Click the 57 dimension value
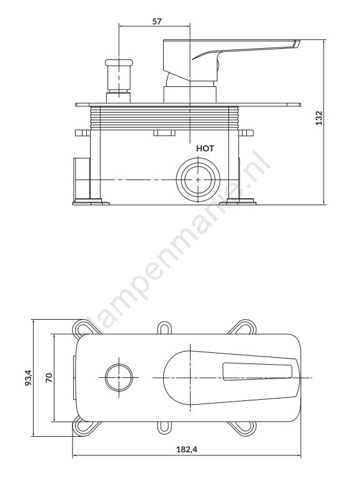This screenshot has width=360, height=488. [157, 21]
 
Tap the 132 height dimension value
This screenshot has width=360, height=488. [319, 118]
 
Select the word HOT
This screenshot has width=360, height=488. [205, 148]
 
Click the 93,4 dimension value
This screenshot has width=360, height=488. [28, 377]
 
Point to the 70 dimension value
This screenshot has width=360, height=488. [49, 377]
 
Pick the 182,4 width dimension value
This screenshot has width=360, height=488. [187, 449]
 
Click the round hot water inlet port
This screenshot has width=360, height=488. [198, 180]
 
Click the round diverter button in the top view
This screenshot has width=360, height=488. [119, 377]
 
